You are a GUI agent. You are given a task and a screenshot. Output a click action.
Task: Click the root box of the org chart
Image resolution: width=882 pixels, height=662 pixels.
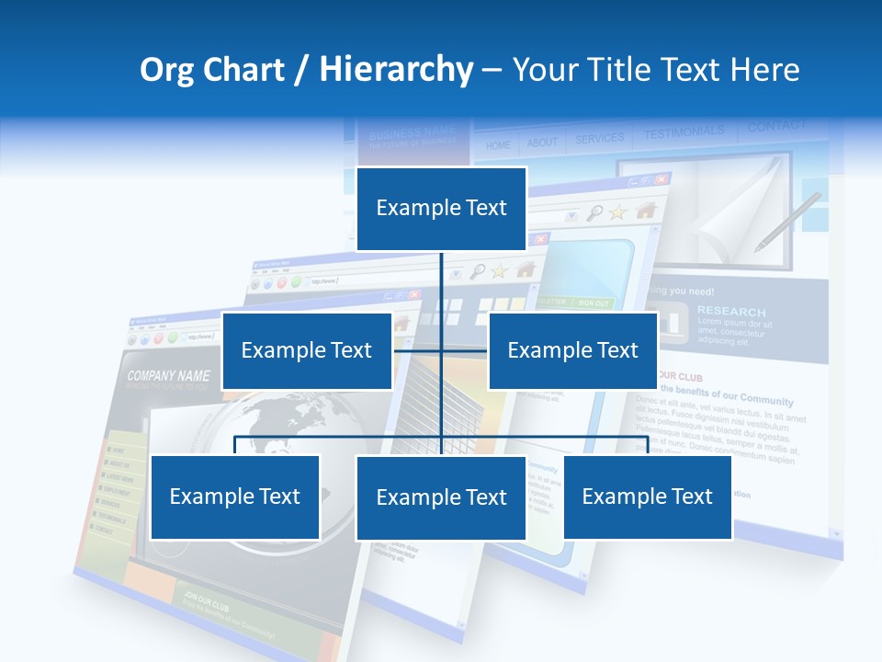click(441, 209)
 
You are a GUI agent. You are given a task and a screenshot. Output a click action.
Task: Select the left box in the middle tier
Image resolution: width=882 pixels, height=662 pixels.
click(306, 350)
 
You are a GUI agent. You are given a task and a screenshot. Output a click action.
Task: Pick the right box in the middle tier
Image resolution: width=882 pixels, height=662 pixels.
click(572, 350)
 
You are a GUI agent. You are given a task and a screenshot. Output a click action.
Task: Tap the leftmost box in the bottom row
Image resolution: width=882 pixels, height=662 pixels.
click(235, 496)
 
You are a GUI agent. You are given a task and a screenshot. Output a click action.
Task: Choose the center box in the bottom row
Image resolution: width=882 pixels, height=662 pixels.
click(441, 497)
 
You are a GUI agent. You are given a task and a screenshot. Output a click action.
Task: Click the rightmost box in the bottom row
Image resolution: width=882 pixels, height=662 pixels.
click(647, 496)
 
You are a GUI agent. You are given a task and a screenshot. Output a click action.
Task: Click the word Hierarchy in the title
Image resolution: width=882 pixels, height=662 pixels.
click(396, 70)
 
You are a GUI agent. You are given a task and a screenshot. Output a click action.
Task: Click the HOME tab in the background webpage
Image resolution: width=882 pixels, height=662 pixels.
click(498, 145)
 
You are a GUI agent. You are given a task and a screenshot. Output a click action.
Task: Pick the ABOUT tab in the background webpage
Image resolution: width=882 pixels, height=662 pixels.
click(542, 143)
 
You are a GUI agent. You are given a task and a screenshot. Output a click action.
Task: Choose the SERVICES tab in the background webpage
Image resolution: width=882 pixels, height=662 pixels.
click(599, 139)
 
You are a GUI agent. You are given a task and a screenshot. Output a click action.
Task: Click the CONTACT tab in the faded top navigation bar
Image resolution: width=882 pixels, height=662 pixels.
click(776, 127)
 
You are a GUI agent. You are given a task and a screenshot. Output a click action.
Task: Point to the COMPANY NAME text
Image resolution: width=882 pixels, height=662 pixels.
click(168, 376)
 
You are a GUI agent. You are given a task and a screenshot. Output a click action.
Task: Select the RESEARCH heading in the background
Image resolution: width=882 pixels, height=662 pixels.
click(730, 311)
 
